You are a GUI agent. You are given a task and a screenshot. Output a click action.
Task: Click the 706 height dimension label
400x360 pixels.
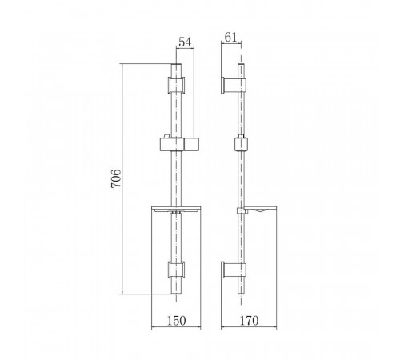tap(116, 178)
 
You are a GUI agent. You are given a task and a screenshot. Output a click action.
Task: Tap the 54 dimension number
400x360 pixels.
tap(185, 42)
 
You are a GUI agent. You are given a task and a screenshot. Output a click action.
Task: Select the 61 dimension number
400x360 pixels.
tap(230, 38)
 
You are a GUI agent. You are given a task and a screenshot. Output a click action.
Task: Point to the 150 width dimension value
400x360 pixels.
tap(176, 321)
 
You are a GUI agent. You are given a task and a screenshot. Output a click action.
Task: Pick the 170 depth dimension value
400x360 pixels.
tap(250, 321)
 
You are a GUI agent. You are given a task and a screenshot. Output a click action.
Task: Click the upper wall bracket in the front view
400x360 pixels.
tap(176, 86)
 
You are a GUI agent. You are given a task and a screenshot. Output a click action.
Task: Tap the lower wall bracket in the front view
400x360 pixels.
tap(176, 270)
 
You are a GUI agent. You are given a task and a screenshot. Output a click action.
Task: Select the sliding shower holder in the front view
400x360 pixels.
tap(180, 144)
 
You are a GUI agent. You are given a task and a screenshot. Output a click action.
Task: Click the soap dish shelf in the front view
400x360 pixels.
tap(176, 210)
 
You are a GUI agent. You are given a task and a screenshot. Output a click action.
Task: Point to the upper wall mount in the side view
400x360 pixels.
tap(234, 86)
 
